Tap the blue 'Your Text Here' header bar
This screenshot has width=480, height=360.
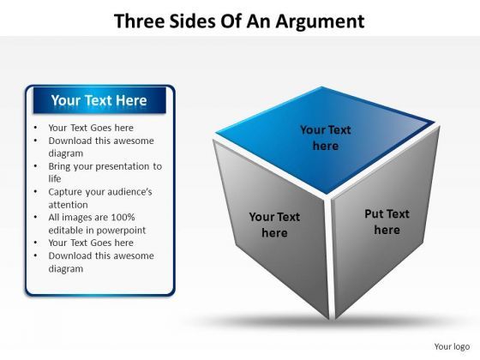(x=99, y=101)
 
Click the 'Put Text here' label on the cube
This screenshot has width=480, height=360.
(x=387, y=222)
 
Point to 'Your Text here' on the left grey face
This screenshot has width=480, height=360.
(x=274, y=225)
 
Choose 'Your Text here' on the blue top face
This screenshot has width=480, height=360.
(x=326, y=138)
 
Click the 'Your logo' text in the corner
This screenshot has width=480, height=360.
(x=453, y=346)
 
